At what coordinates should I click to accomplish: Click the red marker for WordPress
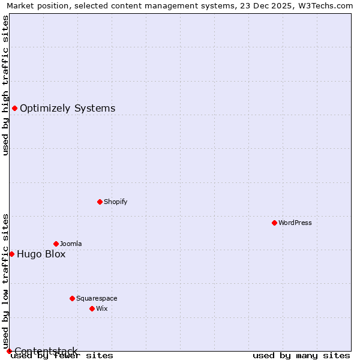tap(274, 223)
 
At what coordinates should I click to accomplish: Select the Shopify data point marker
tap(100, 202)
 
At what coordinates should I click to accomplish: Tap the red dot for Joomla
tap(56, 244)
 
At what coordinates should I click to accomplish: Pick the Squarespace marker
tap(72, 298)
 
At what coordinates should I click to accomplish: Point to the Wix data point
tap(92, 308)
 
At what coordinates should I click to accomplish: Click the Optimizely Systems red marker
tap(14, 108)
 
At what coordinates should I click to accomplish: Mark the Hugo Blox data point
tap(11, 254)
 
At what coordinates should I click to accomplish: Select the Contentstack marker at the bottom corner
tap(9, 351)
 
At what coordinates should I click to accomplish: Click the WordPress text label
tap(295, 223)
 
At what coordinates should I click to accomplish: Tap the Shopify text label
tap(116, 202)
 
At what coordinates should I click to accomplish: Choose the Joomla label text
tap(71, 244)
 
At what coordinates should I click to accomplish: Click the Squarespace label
tap(97, 298)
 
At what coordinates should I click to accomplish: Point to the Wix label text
tap(102, 308)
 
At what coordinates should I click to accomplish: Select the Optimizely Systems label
tap(68, 109)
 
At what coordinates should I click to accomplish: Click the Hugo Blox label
tap(41, 254)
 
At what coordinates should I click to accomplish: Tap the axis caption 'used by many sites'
tap(301, 356)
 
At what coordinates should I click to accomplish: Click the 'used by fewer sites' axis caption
tap(62, 356)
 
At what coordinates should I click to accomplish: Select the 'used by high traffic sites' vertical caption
tap(5, 85)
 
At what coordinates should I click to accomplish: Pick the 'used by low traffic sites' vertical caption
tap(5, 281)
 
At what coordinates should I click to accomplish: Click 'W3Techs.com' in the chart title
tap(326, 5)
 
